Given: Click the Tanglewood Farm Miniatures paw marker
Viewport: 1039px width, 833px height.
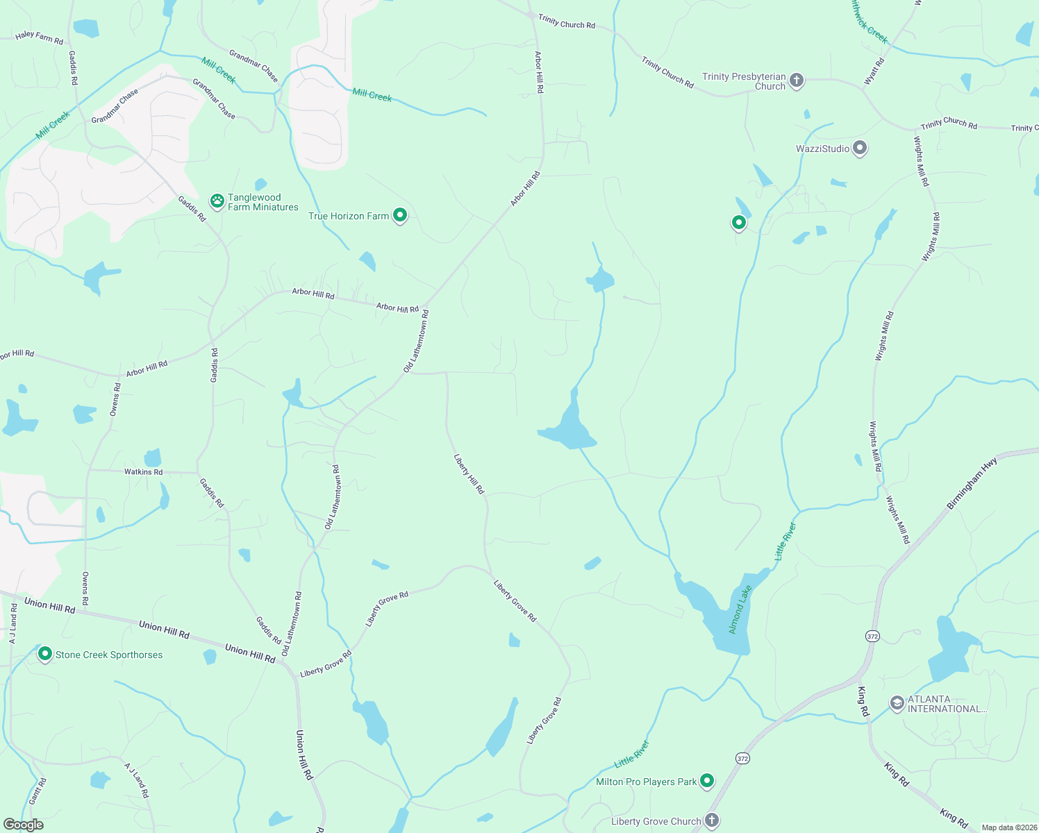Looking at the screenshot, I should (x=217, y=201).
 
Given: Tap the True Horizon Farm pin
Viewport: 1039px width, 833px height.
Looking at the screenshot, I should (x=399, y=215).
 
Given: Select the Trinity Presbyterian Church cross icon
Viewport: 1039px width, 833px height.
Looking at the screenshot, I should (x=797, y=81).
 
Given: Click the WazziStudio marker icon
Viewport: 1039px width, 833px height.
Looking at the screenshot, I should (x=860, y=148).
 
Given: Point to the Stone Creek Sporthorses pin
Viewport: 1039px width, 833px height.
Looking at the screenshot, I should (x=45, y=654).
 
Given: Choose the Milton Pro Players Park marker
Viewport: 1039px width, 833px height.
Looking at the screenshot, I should (x=706, y=781).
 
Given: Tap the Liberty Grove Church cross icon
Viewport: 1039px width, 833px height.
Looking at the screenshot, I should (x=711, y=821).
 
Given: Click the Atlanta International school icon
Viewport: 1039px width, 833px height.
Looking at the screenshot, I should (x=897, y=703).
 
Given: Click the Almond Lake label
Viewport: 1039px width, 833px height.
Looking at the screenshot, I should (x=740, y=609).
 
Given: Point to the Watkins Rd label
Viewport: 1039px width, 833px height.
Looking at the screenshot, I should (x=143, y=472).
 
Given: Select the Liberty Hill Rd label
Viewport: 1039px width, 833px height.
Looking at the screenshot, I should (x=469, y=474).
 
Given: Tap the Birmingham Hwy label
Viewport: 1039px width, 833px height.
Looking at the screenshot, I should (x=972, y=483).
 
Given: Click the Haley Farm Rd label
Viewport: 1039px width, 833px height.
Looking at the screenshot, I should (x=39, y=37).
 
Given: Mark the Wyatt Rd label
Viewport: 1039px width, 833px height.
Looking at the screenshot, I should (x=874, y=71).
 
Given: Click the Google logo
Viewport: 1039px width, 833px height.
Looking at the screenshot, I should (x=23, y=825).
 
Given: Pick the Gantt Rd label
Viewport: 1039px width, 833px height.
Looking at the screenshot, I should (x=38, y=791).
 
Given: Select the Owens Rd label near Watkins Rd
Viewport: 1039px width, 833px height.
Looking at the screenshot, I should (x=115, y=399).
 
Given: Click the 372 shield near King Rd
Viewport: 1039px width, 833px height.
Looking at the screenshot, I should (x=872, y=636).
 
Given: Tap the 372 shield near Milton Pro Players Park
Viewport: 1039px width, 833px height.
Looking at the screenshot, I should (x=742, y=759).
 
